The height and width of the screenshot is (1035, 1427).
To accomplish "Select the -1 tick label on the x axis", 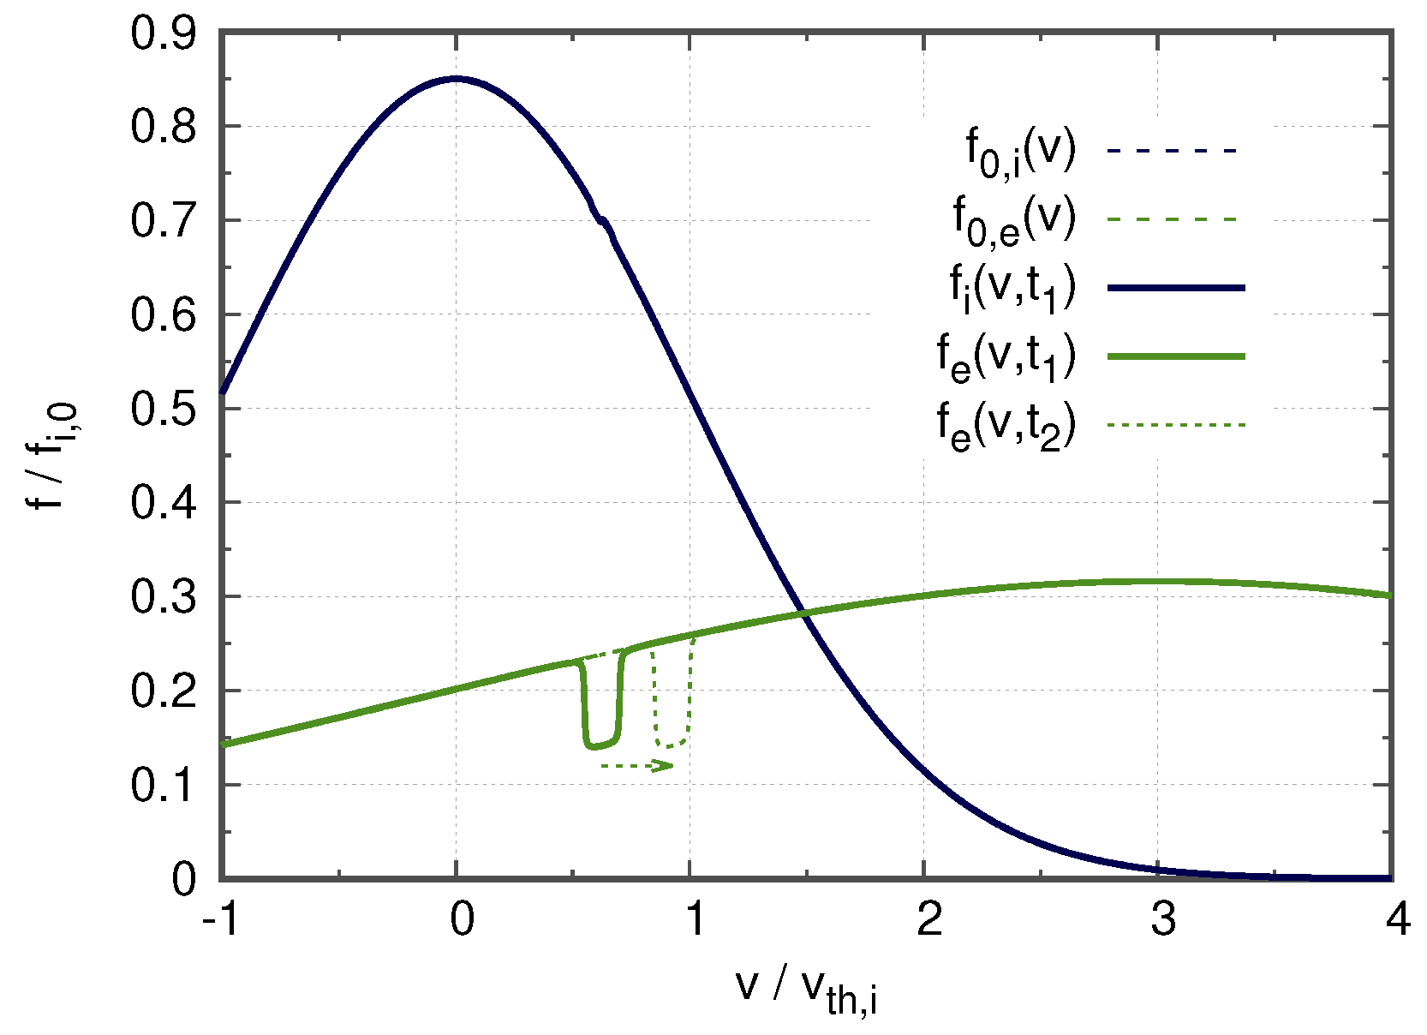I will pos(220,921).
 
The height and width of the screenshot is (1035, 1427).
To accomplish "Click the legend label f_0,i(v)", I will pos(1020,154).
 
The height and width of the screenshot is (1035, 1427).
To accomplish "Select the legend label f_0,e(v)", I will pos(1014,221).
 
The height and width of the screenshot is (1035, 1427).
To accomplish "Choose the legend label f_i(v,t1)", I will pos(1012,289).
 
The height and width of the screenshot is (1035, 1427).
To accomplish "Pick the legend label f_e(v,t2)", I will pos(1006,425).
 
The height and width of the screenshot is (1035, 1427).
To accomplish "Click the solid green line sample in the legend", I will pos(1175,356).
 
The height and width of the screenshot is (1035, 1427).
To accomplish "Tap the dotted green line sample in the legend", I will pos(1175,424).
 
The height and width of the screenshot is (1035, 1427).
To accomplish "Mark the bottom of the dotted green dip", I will pos(672,745).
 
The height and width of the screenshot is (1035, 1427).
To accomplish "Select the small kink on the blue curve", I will pos(602,221).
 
